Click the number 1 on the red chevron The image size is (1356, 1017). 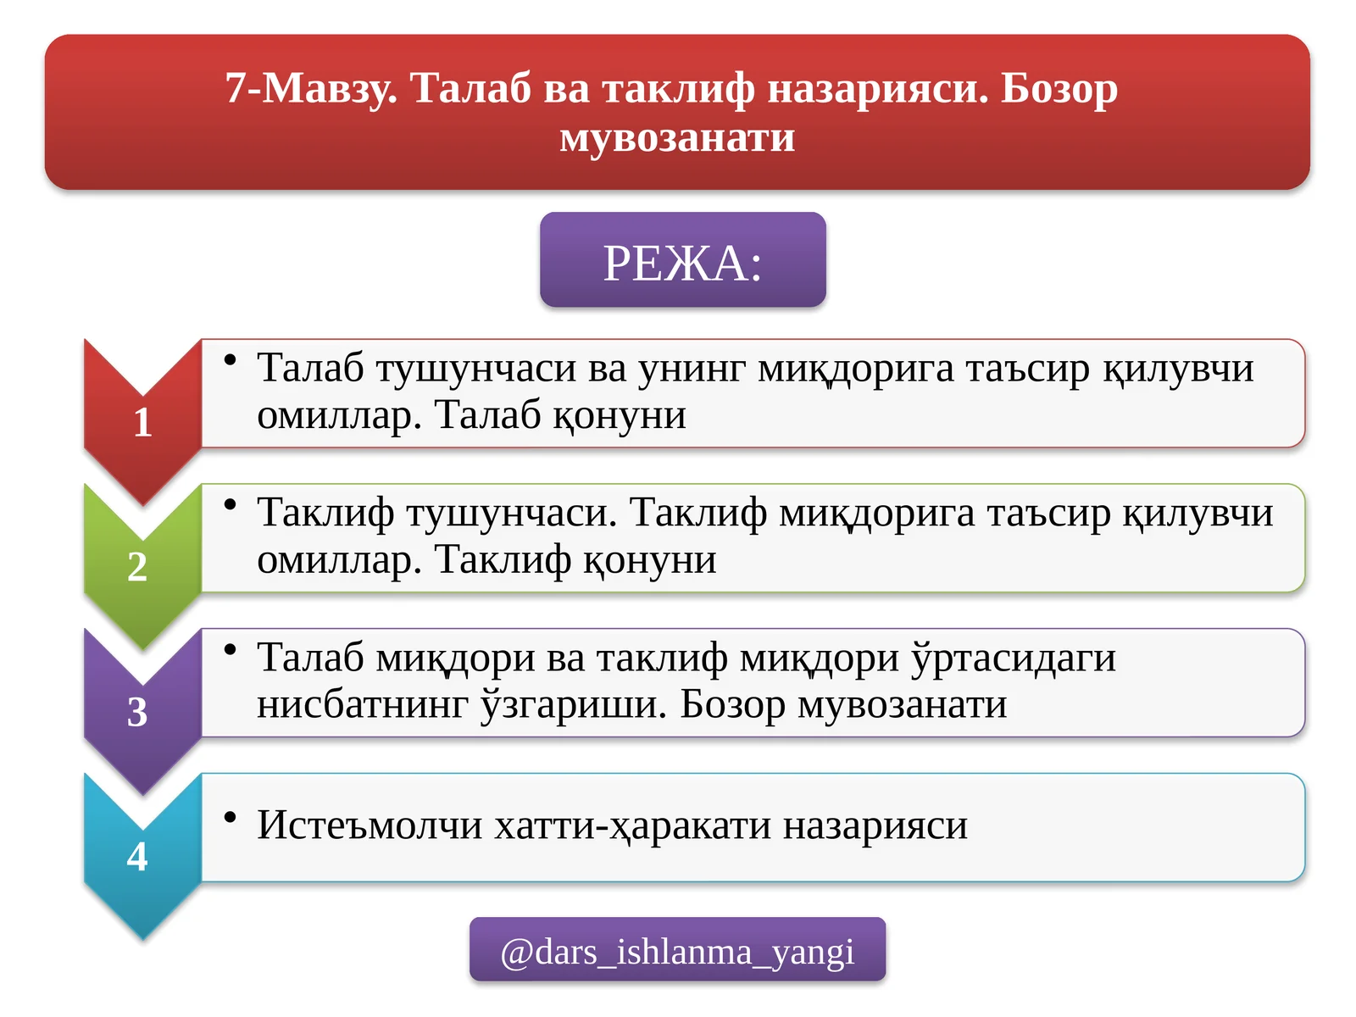pyautogui.click(x=142, y=422)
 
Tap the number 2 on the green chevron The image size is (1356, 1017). pyautogui.click(x=137, y=567)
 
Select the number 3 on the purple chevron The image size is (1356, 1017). pyautogui.click(x=137, y=712)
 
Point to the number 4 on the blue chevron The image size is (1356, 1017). pyautogui.click(x=137, y=857)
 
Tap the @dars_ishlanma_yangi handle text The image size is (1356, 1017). pyautogui.click(x=677, y=952)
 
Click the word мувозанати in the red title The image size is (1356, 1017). pyautogui.click(x=677, y=137)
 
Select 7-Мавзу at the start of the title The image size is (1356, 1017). pyautogui.click(x=310, y=88)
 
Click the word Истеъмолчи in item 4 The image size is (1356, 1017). pyautogui.click(x=370, y=825)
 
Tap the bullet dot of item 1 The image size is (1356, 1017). pyautogui.click(x=230, y=360)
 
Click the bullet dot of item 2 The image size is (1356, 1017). pyautogui.click(x=230, y=505)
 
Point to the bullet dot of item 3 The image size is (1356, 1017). pyautogui.click(x=230, y=650)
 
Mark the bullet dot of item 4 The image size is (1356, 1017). pyautogui.click(x=230, y=817)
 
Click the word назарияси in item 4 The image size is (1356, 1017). pyautogui.click(x=875, y=825)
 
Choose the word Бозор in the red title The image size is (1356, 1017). pyautogui.click(x=1059, y=88)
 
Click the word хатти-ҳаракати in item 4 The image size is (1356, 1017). pyautogui.click(x=632, y=825)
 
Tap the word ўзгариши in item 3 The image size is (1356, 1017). pyautogui.click(x=574, y=704)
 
